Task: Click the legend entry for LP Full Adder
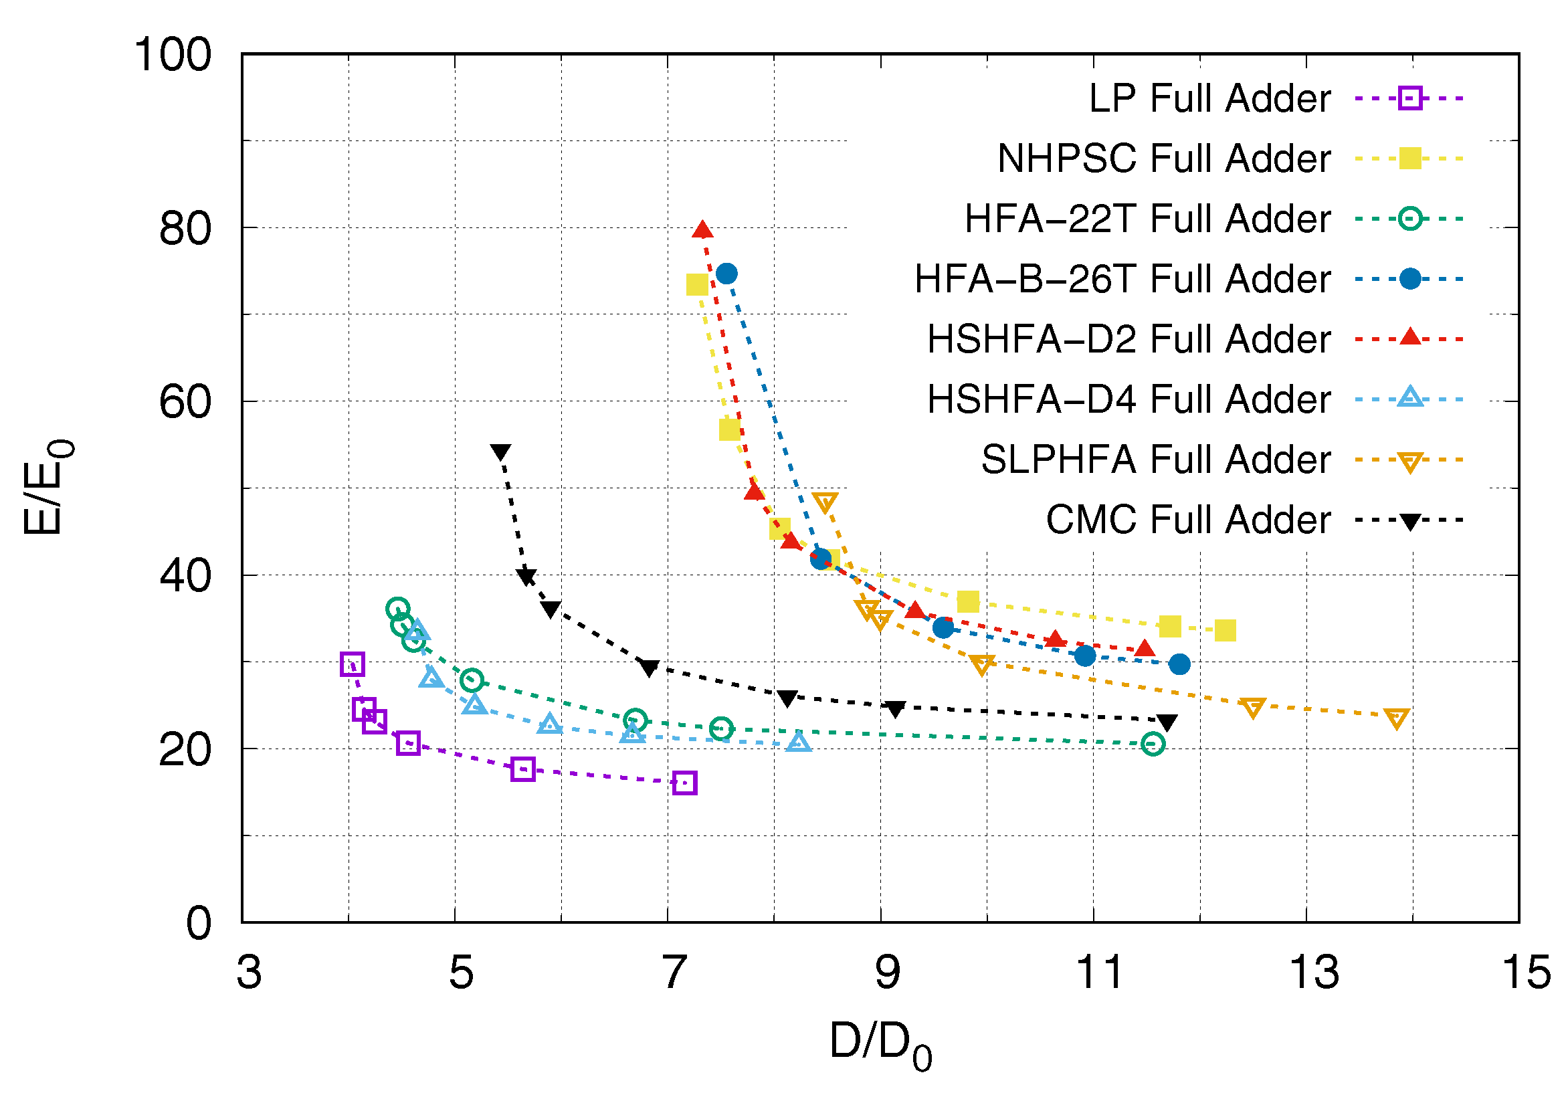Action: pyautogui.click(x=1209, y=99)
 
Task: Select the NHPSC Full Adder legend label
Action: pyautogui.click(x=1163, y=159)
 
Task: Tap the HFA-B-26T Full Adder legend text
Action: pyautogui.click(x=1122, y=279)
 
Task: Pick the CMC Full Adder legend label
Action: pyautogui.click(x=1187, y=520)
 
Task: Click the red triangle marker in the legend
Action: pyautogui.click(x=1409, y=338)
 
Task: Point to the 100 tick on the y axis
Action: pyautogui.click(x=173, y=55)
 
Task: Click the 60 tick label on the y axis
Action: pyautogui.click(x=185, y=402)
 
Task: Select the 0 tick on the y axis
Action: pyautogui.click(x=199, y=924)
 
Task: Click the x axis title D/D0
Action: pyautogui.click(x=880, y=1044)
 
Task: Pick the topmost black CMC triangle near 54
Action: pyautogui.click(x=500, y=452)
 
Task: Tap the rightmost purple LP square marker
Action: pyautogui.click(x=684, y=783)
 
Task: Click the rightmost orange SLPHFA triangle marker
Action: pyautogui.click(x=1397, y=718)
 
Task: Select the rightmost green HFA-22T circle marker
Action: pyautogui.click(x=1153, y=744)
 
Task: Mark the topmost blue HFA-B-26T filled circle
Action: pyautogui.click(x=726, y=274)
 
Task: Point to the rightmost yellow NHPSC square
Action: pyautogui.click(x=1226, y=631)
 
